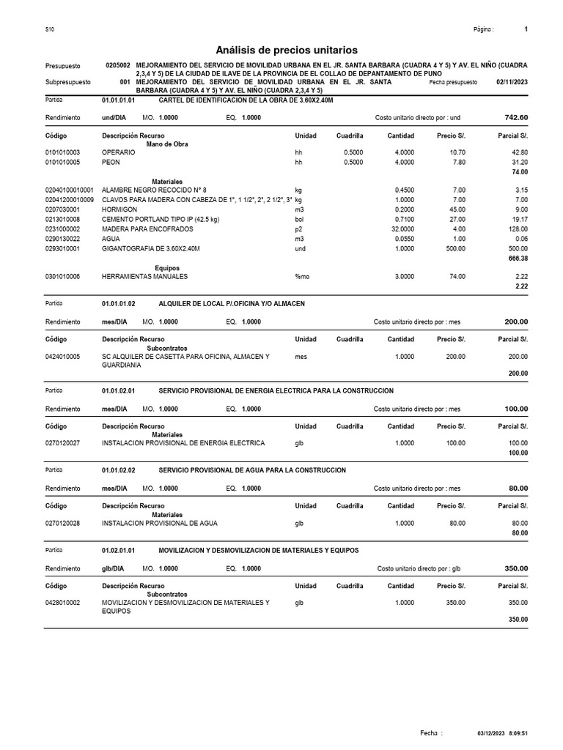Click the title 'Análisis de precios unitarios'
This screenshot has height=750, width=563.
[287, 50]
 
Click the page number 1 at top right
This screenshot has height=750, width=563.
[526, 29]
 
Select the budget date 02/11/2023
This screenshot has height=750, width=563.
[512, 83]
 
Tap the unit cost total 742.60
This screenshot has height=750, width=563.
[516, 117]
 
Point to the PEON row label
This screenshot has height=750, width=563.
[110, 162]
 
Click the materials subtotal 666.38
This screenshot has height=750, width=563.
[518, 259]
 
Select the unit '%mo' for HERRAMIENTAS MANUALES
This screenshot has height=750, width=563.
[302, 276]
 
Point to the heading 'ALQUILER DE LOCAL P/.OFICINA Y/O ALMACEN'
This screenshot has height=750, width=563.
[232, 303]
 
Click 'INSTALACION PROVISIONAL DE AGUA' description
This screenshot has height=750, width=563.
[159, 523]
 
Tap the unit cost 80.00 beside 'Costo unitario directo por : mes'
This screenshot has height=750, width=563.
[518, 488]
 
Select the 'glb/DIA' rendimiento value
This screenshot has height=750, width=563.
[113, 568]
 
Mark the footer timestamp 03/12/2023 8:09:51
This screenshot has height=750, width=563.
[502, 733]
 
